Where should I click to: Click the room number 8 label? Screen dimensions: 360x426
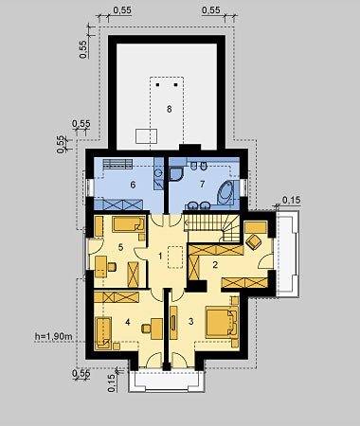[170, 109]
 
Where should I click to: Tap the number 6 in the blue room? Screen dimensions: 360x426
[133, 185]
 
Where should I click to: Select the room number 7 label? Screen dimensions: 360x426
[203, 184]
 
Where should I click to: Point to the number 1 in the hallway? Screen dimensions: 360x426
[160, 256]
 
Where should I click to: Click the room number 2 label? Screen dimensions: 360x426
[215, 264]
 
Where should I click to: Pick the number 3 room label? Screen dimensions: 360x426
[190, 321]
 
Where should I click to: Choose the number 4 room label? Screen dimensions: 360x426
[128, 322]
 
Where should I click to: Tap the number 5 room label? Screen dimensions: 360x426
[120, 247]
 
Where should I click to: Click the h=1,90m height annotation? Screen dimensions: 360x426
[53, 337]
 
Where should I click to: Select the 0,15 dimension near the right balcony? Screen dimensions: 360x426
[291, 200]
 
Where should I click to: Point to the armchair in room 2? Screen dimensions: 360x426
[253, 241]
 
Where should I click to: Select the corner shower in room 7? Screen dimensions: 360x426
[176, 174]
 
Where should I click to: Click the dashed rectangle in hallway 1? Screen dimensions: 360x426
[175, 257]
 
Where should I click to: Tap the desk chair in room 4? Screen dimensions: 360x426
[146, 328]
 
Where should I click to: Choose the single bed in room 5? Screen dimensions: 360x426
[129, 224]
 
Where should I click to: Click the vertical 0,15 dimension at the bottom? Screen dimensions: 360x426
[112, 382]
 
